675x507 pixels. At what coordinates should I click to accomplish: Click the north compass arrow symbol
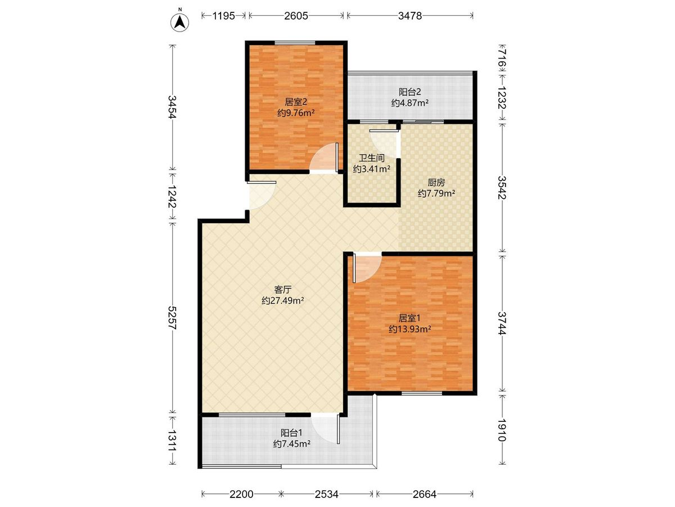(x=179, y=23)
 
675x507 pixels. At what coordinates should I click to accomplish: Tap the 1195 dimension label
(x=223, y=16)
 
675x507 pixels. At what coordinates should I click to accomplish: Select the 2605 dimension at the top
(x=296, y=16)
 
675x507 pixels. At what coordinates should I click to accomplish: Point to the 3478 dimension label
(x=410, y=16)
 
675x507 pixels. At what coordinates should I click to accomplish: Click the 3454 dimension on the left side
(x=173, y=107)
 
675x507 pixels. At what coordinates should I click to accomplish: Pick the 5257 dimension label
(x=173, y=318)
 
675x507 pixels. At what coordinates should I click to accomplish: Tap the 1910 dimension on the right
(x=502, y=430)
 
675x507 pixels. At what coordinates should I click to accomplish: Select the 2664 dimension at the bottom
(x=424, y=495)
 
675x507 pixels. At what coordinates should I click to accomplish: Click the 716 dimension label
(x=502, y=59)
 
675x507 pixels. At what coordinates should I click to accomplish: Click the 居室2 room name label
(x=296, y=102)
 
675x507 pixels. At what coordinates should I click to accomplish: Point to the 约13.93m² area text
(x=409, y=329)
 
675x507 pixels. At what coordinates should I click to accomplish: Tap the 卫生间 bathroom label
(x=372, y=158)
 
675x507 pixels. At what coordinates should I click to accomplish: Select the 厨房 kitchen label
(x=436, y=183)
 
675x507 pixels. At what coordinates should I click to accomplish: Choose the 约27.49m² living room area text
(x=282, y=300)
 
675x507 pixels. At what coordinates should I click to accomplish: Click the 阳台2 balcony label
(x=410, y=92)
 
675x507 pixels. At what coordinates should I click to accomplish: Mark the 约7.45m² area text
(x=291, y=443)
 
